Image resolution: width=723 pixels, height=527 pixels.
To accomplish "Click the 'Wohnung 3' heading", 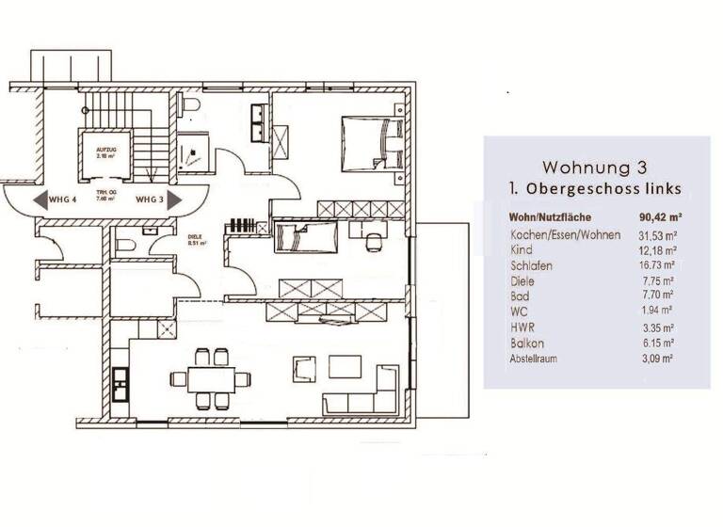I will (595, 168).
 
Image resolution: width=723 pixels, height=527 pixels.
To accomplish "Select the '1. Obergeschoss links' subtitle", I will (595, 190).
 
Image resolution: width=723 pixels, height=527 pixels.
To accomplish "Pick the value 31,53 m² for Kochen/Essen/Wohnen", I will (658, 234).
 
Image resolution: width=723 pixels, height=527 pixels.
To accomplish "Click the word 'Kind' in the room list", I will (521, 250).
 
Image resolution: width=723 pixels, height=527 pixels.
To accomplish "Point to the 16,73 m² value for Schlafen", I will (658, 265).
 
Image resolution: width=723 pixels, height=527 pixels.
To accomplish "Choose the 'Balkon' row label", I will (527, 343).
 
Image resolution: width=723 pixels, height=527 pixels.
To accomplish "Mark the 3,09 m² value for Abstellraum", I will (657, 359).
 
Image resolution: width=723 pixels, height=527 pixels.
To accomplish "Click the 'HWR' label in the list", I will (523, 327).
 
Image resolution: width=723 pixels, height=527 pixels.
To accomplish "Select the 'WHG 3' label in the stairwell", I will (151, 200).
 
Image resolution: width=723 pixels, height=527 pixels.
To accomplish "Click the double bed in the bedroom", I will (371, 144).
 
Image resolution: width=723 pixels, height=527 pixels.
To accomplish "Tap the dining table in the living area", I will (211, 379).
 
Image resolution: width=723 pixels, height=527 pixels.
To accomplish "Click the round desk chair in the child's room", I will (375, 242).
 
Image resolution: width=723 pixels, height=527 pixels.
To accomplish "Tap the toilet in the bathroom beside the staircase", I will (190, 105).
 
